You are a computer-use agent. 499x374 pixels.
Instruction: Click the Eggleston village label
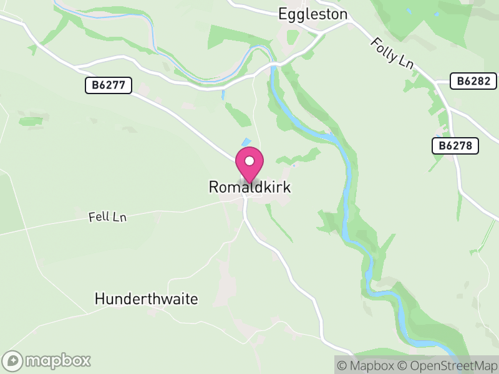(x=312, y=14)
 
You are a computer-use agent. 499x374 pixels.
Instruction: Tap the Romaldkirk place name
(x=249, y=187)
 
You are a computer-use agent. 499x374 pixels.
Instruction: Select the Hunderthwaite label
(x=146, y=299)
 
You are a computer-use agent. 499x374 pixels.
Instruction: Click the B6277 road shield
(x=109, y=86)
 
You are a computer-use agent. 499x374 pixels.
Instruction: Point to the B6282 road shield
(x=473, y=80)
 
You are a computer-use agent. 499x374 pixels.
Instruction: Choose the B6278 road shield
(x=455, y=146)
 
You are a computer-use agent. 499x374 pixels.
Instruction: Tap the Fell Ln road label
(x=107, y=217)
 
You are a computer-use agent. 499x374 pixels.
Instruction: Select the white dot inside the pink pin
(x=249, y=161)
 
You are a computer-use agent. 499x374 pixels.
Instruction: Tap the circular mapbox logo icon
(x=13, y=360)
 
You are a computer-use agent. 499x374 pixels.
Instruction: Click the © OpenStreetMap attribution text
(x=448, y=365)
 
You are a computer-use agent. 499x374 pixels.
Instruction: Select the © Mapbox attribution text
(x=367, y=365)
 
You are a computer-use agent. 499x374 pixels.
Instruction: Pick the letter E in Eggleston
(x=283, y=14)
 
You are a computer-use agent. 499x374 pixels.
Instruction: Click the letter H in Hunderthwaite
(x=99, y=299)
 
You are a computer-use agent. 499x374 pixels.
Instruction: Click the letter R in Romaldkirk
(x=213, y=187)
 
